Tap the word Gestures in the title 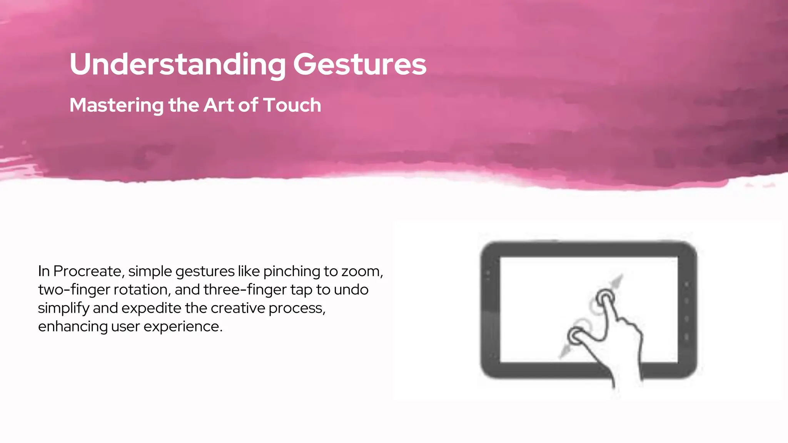click(x=360, y=64)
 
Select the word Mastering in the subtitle click(x=117, y=105)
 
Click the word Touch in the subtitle click(x=292, y=105)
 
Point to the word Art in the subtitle click(x=219, y=105)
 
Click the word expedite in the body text click(x=151, y=308)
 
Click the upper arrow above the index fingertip click(x=617, y=282)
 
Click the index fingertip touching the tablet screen click(x=605, y=297)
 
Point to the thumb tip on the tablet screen click(x=576, y=335)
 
